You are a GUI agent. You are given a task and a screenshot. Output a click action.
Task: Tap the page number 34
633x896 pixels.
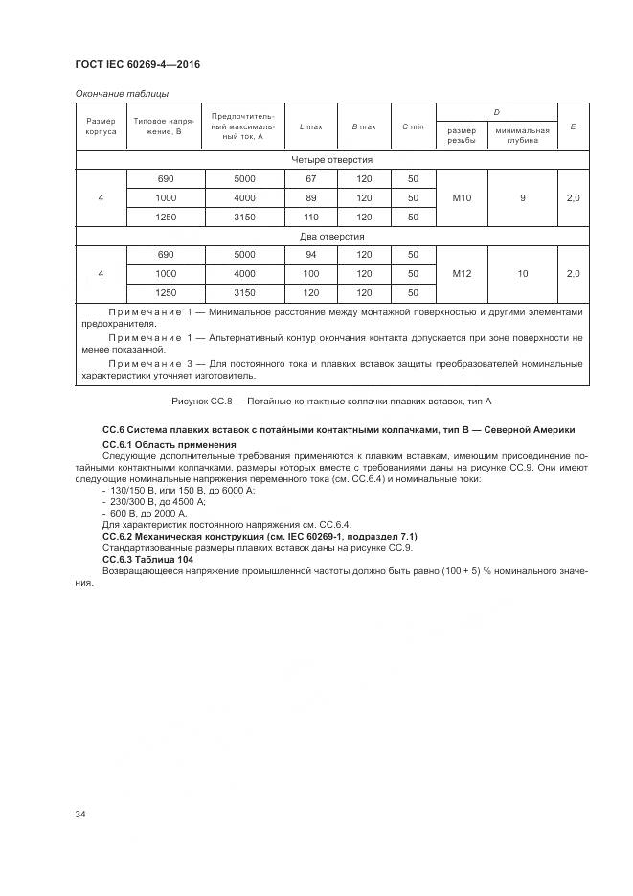(81, 815)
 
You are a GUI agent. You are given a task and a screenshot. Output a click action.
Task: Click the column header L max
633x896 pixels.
(310, 126)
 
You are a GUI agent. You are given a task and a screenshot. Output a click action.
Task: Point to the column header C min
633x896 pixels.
(413, 126)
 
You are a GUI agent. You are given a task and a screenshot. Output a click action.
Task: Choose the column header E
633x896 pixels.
(573, 126)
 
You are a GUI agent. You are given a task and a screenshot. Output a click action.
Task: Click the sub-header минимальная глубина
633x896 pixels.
(522, 136)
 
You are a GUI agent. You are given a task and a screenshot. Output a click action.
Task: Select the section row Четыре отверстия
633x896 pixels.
(331, 160)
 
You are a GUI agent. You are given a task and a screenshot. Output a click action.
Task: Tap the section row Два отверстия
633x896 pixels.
(331, 236)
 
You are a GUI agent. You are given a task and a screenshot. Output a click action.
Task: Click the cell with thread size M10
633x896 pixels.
(461, 197)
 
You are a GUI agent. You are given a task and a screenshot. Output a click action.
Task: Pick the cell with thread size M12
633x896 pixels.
(461, 274)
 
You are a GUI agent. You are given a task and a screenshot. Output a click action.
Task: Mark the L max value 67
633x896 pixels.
(310, 179)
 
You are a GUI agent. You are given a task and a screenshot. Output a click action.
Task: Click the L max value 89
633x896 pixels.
(310, 197)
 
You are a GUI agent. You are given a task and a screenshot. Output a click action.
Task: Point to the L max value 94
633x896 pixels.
(310, 255)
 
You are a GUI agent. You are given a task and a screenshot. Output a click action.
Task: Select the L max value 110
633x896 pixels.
(310, 217)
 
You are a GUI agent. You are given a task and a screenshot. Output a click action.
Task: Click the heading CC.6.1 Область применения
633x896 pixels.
(169, 445)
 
